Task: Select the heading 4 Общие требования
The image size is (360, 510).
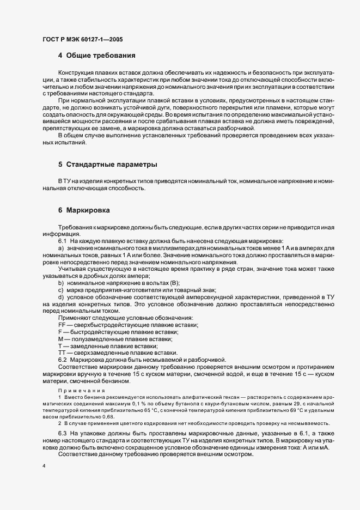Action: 97,56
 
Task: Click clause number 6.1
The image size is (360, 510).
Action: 62,241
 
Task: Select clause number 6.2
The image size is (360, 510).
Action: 62,359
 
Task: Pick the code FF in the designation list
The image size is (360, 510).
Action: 62,325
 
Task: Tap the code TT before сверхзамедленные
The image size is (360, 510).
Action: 61,353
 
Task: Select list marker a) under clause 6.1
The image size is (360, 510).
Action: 61,248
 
